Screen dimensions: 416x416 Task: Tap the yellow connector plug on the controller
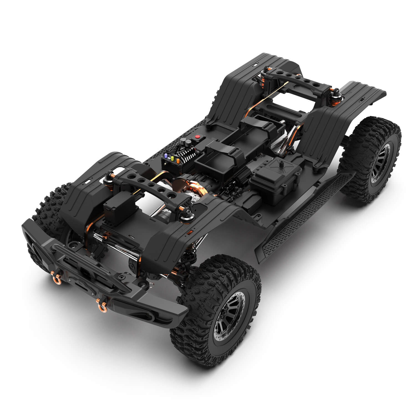172,158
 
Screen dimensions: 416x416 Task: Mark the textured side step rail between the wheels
302,214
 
